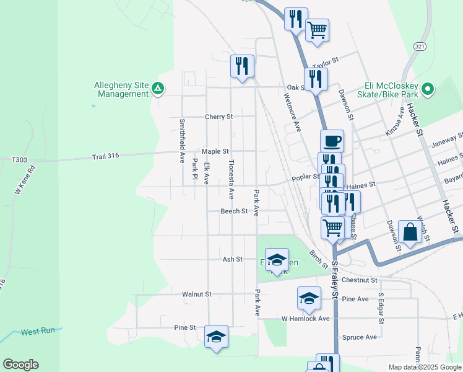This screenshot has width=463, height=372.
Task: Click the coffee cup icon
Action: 332,141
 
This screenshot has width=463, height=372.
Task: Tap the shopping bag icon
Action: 410,232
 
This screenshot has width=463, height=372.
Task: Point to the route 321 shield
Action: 420,46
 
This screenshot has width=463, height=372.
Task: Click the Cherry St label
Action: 219,117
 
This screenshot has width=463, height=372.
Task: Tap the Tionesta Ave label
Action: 231,179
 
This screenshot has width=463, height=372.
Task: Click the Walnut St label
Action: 197,294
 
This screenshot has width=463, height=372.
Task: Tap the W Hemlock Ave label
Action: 306,319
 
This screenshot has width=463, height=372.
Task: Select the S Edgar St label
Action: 380,308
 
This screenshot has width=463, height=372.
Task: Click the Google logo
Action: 20,365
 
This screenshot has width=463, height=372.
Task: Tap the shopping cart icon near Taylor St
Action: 317,29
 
